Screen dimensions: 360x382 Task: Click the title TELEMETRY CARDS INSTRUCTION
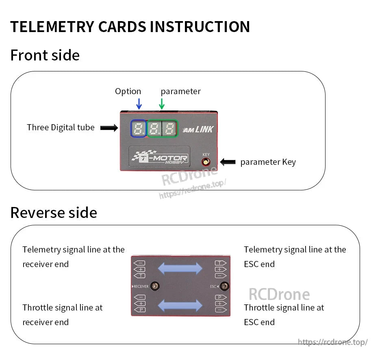(x=130, y=27)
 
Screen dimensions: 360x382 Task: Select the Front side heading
(x=45, y=55)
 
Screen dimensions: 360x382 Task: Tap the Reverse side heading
(x=54, y=213)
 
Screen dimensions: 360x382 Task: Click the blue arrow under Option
(x=139, y=103)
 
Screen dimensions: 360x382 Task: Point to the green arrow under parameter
(x=162, y=103)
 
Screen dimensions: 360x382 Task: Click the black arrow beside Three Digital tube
(x=109, y=128)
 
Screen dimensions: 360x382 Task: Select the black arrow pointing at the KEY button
(x=228, y=162)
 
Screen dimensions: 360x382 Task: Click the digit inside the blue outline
(x=139, y=129)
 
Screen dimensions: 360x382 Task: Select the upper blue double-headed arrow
(x=180, y=268)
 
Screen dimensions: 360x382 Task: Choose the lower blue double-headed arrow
(x=180, y=305)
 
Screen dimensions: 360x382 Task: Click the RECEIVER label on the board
(x=141, y=287)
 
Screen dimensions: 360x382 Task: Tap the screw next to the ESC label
(x=223, y=286)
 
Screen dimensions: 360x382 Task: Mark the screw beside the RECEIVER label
(x=154, y=286)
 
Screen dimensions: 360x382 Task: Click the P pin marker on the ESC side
(x=220, y=297)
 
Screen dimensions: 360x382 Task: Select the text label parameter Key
(x=268, y=162)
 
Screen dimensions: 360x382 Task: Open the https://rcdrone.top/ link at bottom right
(x=332, y=342)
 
